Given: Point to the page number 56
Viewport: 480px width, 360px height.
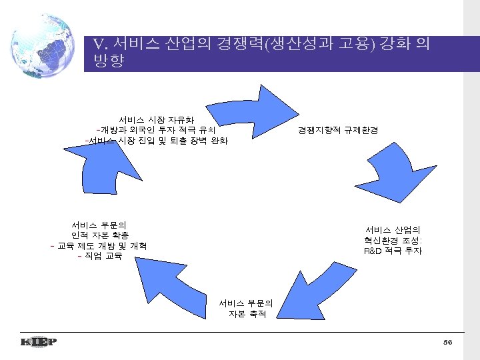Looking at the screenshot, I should pos(447,342).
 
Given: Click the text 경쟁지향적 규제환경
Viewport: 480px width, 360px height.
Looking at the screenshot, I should pos(338,130).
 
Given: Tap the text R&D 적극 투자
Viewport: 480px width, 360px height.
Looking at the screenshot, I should pos(393,251).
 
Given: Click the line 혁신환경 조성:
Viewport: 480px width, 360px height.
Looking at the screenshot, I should pos(393,241).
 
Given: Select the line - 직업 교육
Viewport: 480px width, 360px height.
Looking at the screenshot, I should pos(99,257).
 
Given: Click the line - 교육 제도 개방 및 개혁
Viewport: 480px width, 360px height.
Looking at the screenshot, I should pos(99,246).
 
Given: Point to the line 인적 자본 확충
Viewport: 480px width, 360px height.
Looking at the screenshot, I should pos(100,235).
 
